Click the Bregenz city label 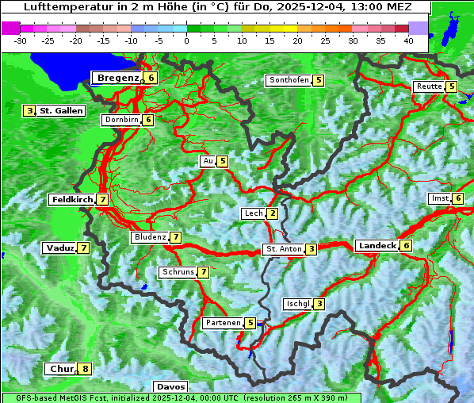point(117,78)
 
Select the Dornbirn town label point(121,120)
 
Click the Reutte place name point(429,86)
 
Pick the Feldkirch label point(72,200)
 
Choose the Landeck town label point(377,246)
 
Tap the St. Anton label point(284,249)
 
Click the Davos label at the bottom point(171,386)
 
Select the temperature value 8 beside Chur point(86,369)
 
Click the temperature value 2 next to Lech point(273,213)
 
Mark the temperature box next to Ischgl point(319,304)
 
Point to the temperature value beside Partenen point(250,323)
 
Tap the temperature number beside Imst point(458,198)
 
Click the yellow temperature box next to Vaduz point(83,248)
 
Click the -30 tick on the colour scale point(21,40)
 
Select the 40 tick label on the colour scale point(408,40)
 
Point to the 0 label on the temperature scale point(186,40)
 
